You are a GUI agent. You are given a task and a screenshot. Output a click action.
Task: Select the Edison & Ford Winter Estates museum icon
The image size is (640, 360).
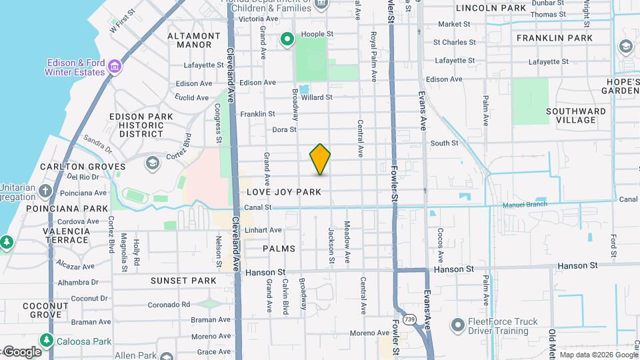point(115,67)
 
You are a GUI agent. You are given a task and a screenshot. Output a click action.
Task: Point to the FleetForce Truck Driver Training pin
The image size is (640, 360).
point(457,326)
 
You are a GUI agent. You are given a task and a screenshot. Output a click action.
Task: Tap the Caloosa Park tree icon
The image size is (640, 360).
point(47,341)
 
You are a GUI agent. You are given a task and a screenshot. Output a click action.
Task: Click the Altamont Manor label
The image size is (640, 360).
point(194,40)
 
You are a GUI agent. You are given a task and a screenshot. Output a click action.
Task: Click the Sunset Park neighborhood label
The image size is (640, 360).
point(183,281)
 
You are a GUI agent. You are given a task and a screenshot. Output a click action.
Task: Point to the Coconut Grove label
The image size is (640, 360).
point(45,310)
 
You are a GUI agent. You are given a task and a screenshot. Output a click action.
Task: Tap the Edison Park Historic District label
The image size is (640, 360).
point(141,125)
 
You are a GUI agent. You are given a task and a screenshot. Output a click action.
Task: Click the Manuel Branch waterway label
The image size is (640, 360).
point(525,205)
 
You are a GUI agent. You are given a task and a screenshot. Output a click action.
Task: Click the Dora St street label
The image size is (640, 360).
point(284,129)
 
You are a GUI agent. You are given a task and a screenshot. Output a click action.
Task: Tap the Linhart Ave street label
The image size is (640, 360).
point(263,230)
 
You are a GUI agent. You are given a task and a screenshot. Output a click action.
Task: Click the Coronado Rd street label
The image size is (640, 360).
point(169,305)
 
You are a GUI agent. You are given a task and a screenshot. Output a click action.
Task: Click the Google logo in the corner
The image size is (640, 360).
point(22,352)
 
